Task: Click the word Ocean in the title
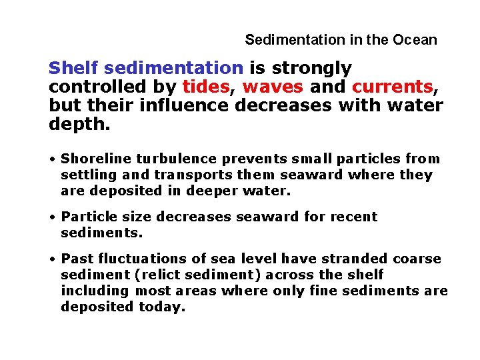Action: click(415, 39)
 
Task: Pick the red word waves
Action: click(273, 87)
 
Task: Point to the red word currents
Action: click(392, 87)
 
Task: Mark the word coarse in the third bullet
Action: click(418, 259)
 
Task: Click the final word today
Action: click(160, 307)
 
